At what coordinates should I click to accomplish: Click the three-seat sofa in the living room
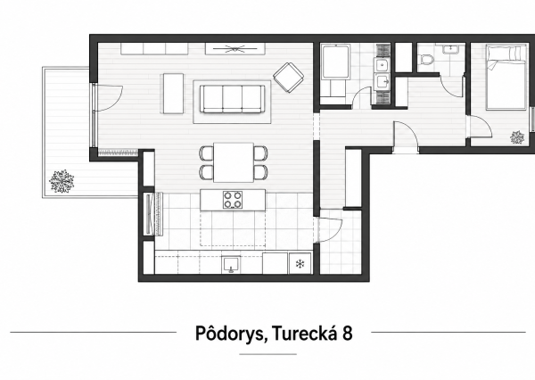pyautogui.click(x=232, y=99)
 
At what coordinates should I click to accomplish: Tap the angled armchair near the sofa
pyautogui.click(x=289, y=78)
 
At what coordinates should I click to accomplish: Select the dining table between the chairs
pyautogui.click(x=234, y=162)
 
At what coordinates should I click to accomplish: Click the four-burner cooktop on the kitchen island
pyautogui.click(x=233, y=200)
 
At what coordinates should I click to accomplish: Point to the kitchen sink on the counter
pyautogui.click(x=231, y=264)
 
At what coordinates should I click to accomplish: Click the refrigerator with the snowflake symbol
pyautogui.click(x=300, y=263)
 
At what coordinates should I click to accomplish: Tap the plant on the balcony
pyautogui.click(x=62, y=181)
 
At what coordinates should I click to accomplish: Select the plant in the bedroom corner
pyautogui.click(x=517, y=137)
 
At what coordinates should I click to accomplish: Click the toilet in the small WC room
pyautogui.click(x=426, y=60)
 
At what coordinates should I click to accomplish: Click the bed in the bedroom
pyautogui.click(x=506, y=78)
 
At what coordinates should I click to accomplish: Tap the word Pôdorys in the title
pyautogui.click(x=230, y=334)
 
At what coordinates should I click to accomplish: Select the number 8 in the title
pyautogui.click(x=347, y=334)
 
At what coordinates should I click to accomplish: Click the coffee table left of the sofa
pyautogui.click(x=173, y=94)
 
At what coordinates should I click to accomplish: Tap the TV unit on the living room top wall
pyautogui.click(x=235, y=48)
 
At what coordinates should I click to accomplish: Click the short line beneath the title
pyautogui.click(x=267, y=354)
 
